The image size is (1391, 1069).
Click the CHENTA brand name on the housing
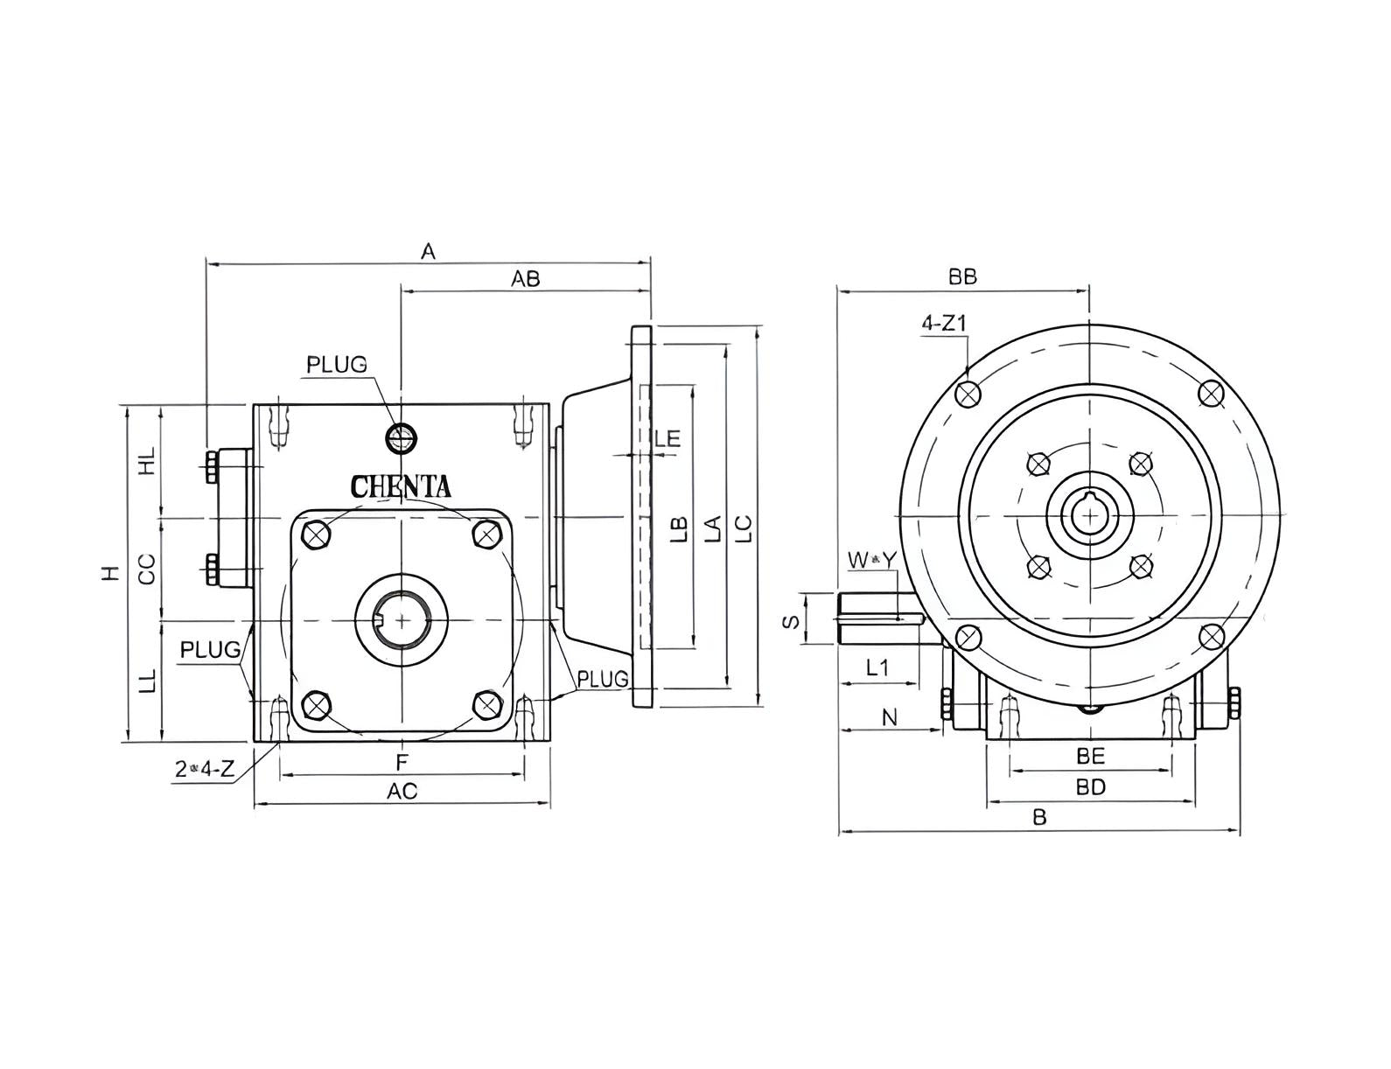[x=401, y=486]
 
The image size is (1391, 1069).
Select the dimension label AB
[x=526, y=278]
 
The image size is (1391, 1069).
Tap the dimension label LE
[x=668, y=437]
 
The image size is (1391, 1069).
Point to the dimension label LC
[x=743, y=528]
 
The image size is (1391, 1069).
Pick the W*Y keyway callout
[x=872, y=559]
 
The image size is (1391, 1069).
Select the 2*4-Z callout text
[x=205, y=769]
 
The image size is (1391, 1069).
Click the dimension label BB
[x=962, y=276]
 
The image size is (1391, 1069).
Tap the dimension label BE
[x=1090, y=755]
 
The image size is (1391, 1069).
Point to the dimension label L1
[x=877, y=667]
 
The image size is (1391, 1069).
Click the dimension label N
[x=890, y=717]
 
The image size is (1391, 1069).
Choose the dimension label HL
[x=147, y=460]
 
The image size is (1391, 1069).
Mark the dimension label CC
[x=147, y=569]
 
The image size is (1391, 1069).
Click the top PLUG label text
[x=336, y=364]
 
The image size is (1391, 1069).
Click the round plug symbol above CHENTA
[x=401, y=437]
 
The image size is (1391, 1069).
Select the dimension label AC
[x=402, y=791]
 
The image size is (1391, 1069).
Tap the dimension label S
[x=791, y=620]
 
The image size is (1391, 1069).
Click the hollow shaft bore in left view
[x=402, y=619]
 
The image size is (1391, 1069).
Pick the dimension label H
[x=108, y=573]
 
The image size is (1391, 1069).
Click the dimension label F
[x=402, y=760]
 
